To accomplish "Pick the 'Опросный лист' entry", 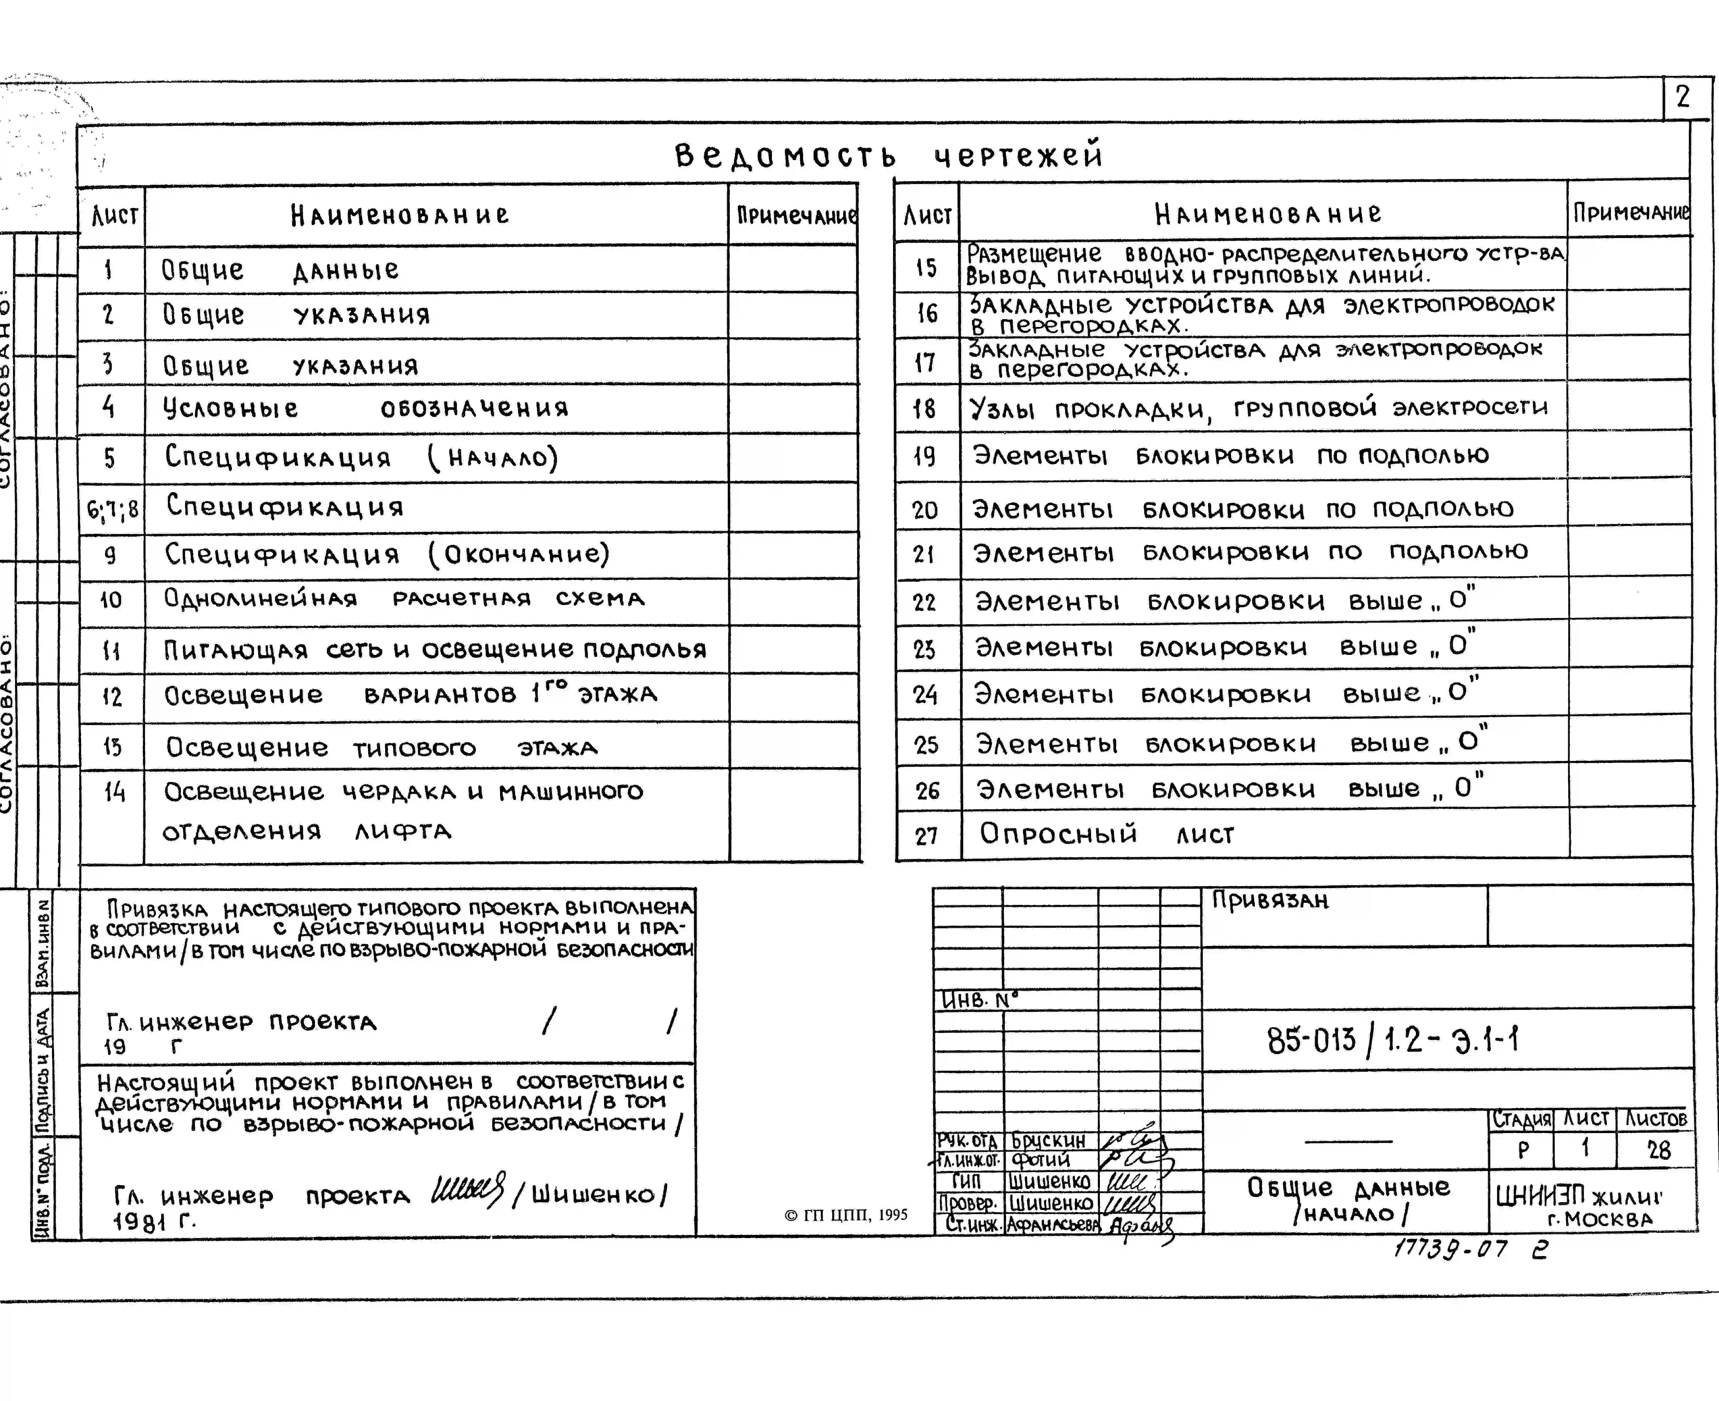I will point(1106,834).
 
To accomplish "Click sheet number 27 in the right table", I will point(927,835).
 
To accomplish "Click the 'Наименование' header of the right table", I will point(1267,214).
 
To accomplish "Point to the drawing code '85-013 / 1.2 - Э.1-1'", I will point(1392,1040).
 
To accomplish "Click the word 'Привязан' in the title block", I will point(1269,900).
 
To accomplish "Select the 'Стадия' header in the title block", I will point(1521,1119).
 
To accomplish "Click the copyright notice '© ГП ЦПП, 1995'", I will point(846,1215).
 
